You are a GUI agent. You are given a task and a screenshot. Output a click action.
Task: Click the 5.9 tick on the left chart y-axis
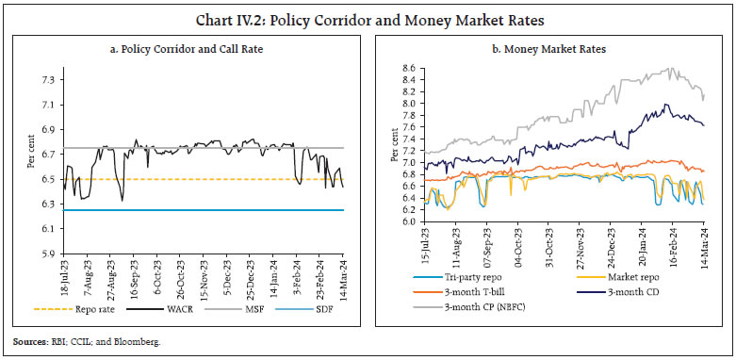point(44,254)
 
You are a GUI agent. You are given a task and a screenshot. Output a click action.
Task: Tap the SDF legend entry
point(326,306)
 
